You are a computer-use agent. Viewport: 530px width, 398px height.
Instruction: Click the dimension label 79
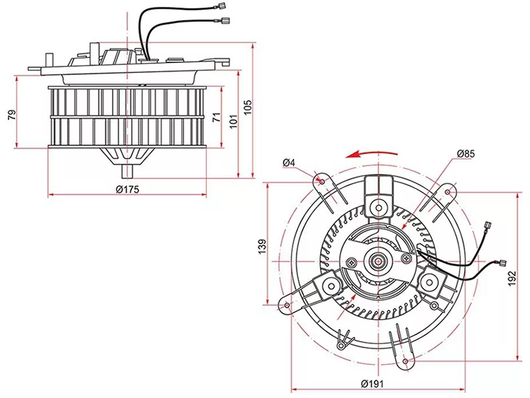point(11,115)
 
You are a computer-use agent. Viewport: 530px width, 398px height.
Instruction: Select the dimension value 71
point(217,117)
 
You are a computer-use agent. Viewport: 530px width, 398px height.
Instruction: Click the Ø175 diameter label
point(126,189)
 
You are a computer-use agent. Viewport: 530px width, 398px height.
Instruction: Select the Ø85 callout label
point(466,155)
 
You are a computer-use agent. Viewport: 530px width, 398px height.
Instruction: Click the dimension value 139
point(262,246)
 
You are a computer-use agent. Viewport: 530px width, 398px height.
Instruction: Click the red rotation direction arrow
point(374,153)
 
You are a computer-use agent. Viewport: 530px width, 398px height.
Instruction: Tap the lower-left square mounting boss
point(329,287)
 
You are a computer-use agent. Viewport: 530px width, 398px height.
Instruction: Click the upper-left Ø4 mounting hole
point(321,180)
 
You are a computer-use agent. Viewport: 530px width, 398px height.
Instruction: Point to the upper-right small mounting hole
point(449,192)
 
